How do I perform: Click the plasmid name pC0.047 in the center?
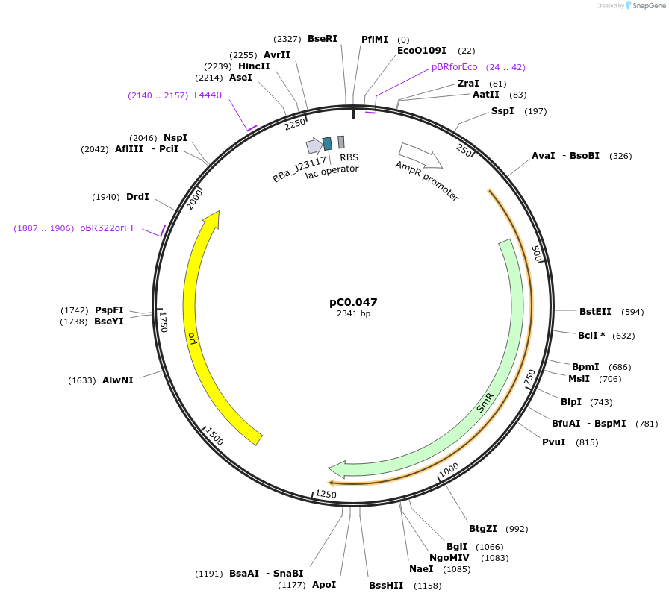click(x=353, y=302)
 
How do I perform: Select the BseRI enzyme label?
click(x=323, y=38)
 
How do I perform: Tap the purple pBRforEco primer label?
click(x=454, y=66)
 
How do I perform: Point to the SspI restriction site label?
click(x=502, y=111)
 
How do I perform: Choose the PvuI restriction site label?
click(x=553, y=442)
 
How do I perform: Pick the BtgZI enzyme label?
click(x=483, y=528)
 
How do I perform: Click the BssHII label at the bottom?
click(x=387, y=585)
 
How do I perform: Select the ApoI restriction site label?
click(x=324, y=584)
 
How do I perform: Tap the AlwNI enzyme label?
click(x=118, y=380)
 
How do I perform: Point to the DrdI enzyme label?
click(x=137, y=196)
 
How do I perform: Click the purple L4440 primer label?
click(x=208, y=95)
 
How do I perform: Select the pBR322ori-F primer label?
click(x=108, y=228)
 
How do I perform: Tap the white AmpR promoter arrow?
click(x=420, y=154)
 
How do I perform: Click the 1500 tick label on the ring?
click(x=214, y=437)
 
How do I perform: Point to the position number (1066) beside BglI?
click(x=489, y=547)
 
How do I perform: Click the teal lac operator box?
click(x=327, y=143)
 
